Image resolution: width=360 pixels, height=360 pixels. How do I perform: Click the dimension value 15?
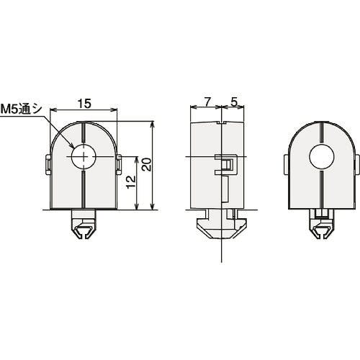pos(84,104)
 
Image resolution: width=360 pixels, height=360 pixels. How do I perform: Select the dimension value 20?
pos(147,164)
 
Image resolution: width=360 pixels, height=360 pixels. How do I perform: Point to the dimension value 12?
pos(131,182)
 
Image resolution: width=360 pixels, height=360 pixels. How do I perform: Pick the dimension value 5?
pos(234,102)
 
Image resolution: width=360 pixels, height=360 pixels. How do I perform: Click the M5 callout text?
pos(21,109)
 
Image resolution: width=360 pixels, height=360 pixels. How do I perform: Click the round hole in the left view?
pos(84,156)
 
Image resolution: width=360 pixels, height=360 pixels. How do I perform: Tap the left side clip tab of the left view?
pos(48,164)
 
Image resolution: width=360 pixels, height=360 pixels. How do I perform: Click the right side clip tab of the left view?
pos(119,164)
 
